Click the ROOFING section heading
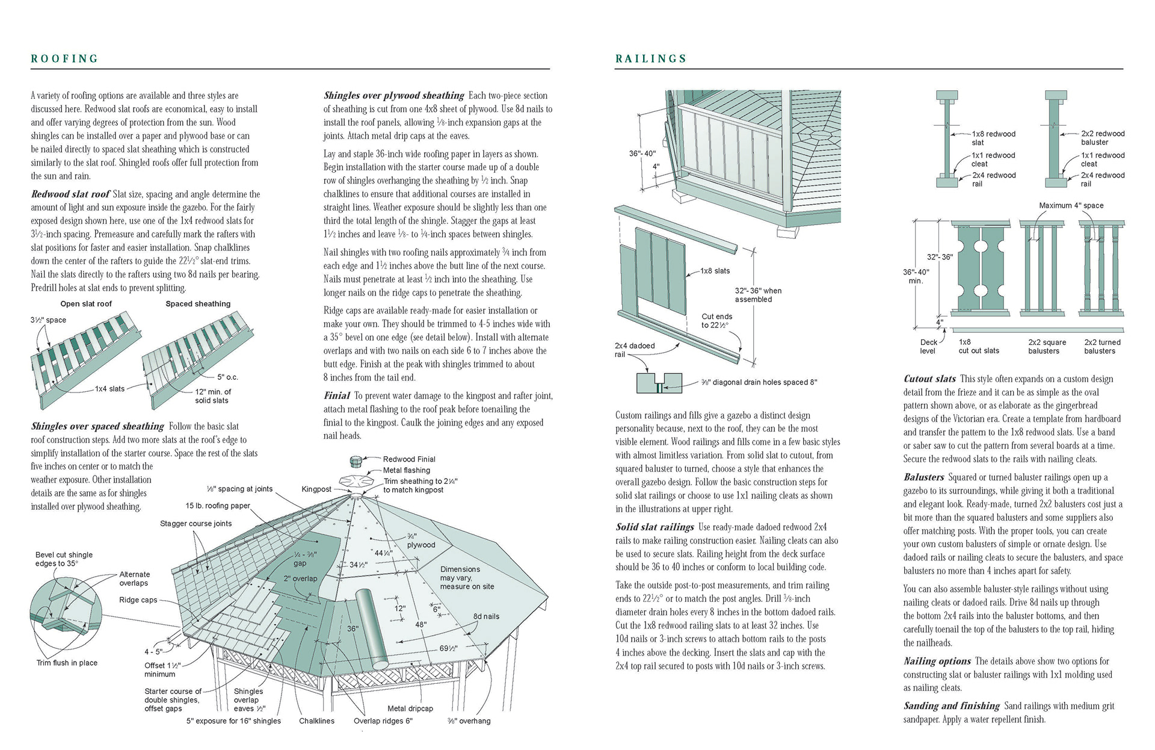click(64, 59)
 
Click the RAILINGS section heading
click(651, 59)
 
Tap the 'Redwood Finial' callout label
click(409, 459)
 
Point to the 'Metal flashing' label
click(407, 470)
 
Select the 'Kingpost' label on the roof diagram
click(316, 489)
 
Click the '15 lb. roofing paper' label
click(218, 506)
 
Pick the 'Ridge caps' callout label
click(138, 600)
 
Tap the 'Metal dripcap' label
click(410, 708)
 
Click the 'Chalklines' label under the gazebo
click(316, 721)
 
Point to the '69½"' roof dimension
click(449, 649)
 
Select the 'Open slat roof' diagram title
click(86, 304)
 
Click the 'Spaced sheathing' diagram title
click(198, 304)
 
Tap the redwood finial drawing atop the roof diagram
click(355, 461)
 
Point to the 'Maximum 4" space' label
click(1071, 205)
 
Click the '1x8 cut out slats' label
click(979, 347)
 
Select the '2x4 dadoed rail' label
click(635, 350)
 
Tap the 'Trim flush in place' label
click(67, 663)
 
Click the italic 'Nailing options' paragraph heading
click(937, 661)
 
